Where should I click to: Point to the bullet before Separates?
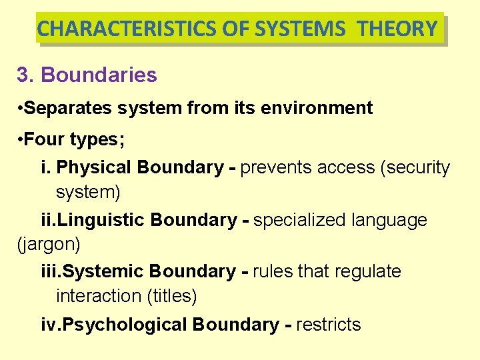coord(23,109)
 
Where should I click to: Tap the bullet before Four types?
coord(23,141)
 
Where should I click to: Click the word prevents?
coord(275,167)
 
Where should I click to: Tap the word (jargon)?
coord(49,245)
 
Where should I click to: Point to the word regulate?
coord(368,272)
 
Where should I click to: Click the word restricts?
coord(329,325)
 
